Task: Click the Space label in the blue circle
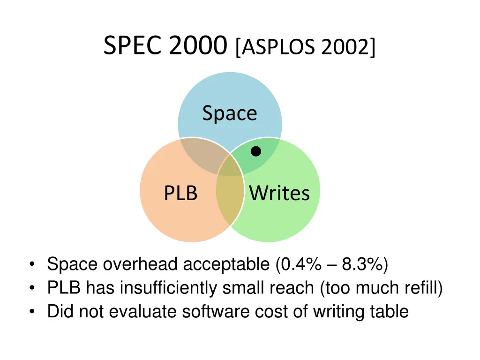230,114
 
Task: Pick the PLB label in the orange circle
180,193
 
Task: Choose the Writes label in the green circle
279,193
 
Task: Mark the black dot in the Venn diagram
255,151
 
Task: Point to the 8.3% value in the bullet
361,265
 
